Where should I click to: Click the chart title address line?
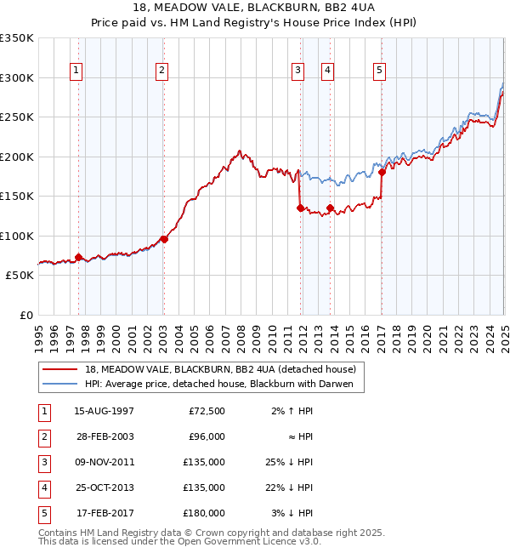point(254,7)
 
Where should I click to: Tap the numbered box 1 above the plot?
point(76,71)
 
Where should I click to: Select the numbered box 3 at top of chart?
point(298,71)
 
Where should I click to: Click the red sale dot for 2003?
point(164,239)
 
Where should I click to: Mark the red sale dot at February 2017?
point(382,172)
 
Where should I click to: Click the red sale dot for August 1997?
point(78,257)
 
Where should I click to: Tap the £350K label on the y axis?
point(17,38)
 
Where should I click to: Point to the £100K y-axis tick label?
point(17,236)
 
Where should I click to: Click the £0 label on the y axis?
point(25,315)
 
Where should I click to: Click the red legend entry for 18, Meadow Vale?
point(225,369)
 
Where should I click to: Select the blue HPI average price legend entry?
point(224,385)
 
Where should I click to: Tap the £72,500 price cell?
point(207,411)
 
